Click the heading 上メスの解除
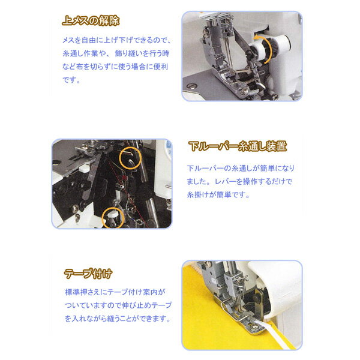tap(92, 20)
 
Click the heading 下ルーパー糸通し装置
tap(236, 146)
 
